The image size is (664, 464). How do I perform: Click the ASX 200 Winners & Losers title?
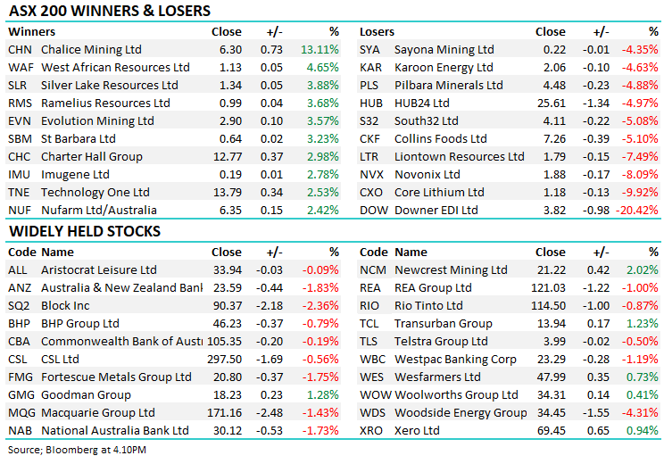(x=109, y=12)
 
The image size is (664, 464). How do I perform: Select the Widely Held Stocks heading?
(x=85, y=231)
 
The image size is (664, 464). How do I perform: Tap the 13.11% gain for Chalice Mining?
(x=322, y=50)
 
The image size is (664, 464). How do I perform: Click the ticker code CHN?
(x=20, y=50)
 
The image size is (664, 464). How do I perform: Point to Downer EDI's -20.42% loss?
(x=637, y=211)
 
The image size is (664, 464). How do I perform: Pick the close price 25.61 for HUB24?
(x=551, y=104)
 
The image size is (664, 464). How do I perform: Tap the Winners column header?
(x=31, y=32)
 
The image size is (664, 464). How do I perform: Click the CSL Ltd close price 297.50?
(x=224, y=359)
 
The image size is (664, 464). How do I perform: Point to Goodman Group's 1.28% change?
(x=322, y=394)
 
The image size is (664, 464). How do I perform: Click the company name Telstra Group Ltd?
(x=441, y=341)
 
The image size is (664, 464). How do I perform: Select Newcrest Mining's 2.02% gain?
(x=642, y=269)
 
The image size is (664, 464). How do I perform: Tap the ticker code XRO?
(x=372, y=430)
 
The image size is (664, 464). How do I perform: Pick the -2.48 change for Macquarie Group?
(x=270, y=412)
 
